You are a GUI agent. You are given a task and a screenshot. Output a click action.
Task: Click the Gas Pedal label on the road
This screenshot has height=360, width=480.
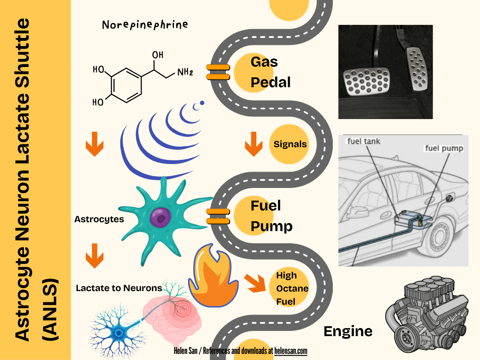tap(270, 72)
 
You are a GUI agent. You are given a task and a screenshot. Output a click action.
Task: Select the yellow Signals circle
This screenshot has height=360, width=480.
tap(290, 144)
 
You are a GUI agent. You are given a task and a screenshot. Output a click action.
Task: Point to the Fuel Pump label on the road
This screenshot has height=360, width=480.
tap(271, 216)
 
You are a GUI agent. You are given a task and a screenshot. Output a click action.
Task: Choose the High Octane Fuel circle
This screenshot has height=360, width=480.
tap(292, 288)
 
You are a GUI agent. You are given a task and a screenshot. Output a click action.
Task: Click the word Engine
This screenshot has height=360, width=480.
tap(348, 331)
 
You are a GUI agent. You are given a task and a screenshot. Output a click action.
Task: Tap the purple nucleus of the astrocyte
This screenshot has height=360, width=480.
tap(161, 217)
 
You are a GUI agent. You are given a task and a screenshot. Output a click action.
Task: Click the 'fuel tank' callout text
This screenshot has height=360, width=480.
tap(363, 141)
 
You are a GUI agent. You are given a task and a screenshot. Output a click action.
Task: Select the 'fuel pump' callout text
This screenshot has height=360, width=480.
tap(443, 149)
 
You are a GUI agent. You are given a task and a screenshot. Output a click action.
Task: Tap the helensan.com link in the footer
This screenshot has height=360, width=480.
tap(291, 351)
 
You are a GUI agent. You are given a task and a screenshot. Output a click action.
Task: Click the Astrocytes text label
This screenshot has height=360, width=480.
tap(99, 219)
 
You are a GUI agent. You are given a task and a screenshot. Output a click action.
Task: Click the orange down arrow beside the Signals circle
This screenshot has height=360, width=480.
tap(254, 144)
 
